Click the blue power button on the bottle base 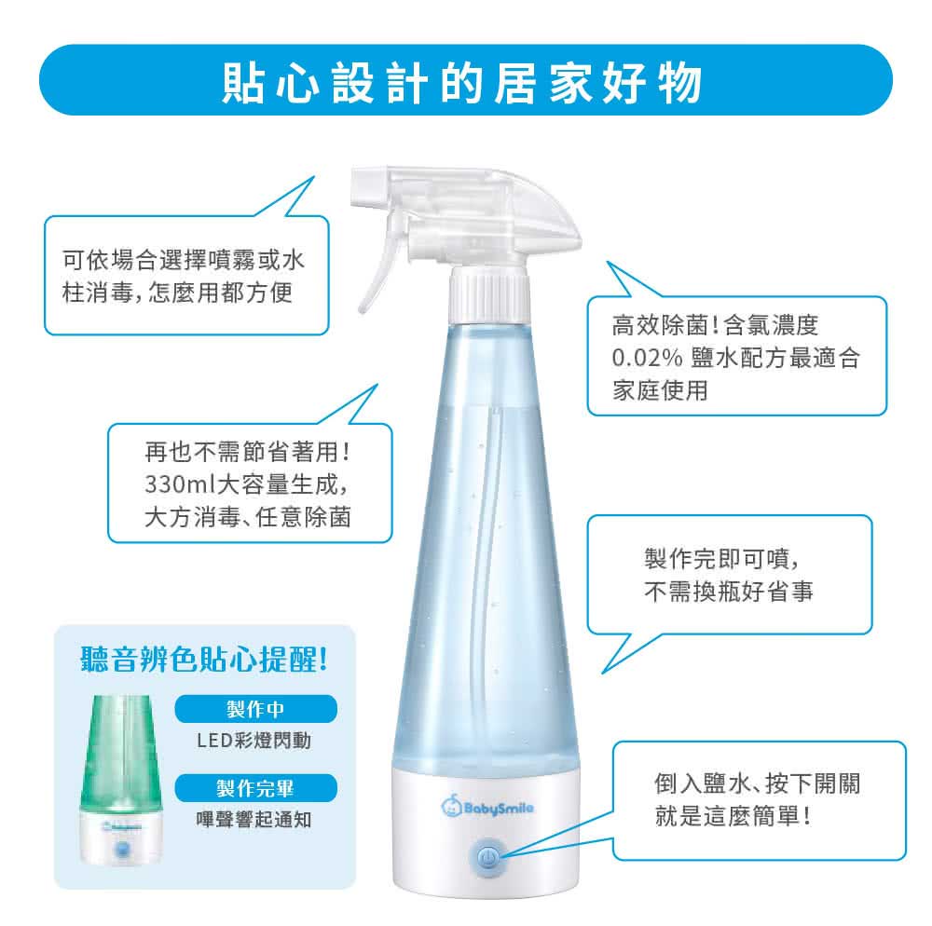coord(487,856)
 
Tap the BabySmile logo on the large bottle coord(487,806)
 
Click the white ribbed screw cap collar coord(488,293)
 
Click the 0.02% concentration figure coord(647,358)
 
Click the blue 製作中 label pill coord(255,709)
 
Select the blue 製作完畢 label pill coord(255,788)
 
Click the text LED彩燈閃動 coord(254,741)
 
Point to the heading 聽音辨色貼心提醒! coord(204,660)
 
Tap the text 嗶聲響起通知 coord(254,820)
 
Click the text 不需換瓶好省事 coord(729,592)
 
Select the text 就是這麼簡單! coord(733,816)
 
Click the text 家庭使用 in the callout coord(660,391)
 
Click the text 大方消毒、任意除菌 coord(248,517)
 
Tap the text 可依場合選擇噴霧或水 coord(184,260)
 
